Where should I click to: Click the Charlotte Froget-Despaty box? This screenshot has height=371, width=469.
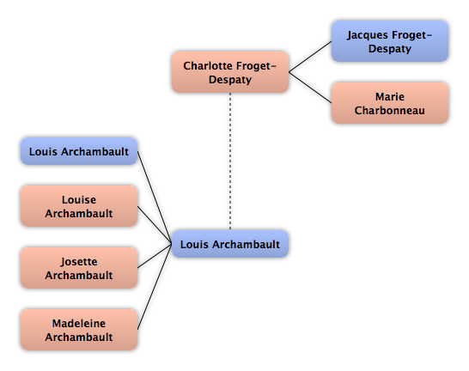[x=230, y=72]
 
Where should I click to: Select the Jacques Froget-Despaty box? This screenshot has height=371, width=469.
[x=390, y=41]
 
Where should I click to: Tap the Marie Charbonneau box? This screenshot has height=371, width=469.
[x=390, y=103]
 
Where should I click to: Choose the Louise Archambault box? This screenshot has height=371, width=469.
[x=79, y=206]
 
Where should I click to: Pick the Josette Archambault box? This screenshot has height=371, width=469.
[x=79, y=268]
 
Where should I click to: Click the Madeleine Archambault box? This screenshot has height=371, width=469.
[x=79, y=330]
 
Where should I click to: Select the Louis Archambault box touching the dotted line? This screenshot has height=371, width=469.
[x=230, y=244]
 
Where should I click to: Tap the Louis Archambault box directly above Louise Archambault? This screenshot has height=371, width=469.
[x=79, y=151]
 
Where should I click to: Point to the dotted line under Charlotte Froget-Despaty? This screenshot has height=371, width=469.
[x=230, y=161]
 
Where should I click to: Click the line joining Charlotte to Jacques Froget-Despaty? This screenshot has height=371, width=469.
[x=310, y=57]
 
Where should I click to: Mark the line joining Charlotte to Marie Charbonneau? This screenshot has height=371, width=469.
[x=310, y=88]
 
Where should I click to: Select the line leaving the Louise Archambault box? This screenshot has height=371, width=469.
[x=155, y=225]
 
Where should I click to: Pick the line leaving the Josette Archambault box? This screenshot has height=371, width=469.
[x=155, y=256]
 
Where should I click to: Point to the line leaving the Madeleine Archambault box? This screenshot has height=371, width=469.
[x=155, y=287]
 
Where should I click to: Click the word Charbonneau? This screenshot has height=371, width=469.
[x=390, y=110]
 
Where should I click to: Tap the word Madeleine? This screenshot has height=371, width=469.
[x=79, y=323]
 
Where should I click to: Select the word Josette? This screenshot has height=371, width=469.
[x=79, y=262]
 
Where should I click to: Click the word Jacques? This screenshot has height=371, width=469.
[x=368, y=35]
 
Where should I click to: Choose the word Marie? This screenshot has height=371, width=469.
[x=390, y=96]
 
